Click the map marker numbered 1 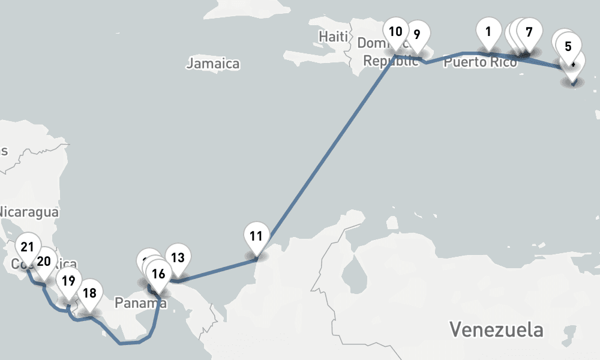pos(489,32)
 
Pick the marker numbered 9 pos(417,34)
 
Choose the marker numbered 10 pos(395,32)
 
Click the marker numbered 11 pos(256,236)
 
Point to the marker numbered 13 pos(178,258)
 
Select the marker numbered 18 pos(90,293)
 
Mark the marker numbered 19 pos(69,280)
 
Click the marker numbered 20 pos(44,261)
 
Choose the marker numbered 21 pos(27,247)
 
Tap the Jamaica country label pos(213,64)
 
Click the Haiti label pos(333,37)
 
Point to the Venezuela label pos(497,329)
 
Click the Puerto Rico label pos(480,62)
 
